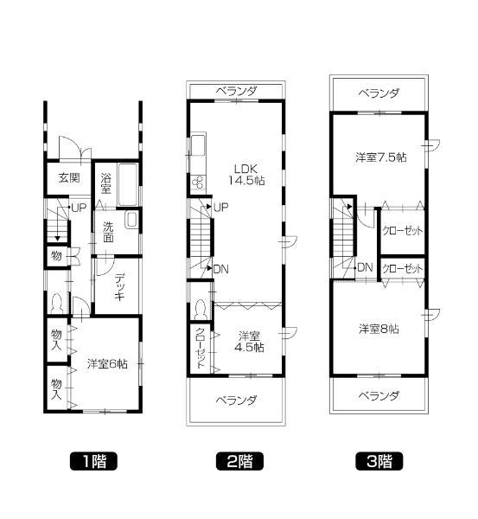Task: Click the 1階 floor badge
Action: (92, 460)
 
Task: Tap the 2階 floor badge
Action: (239, 460)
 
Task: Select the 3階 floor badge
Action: (379, 460)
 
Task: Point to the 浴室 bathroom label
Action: (105, 183)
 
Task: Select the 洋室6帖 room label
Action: (107, 364)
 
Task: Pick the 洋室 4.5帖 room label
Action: (251, 341)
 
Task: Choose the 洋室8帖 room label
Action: (379, 329)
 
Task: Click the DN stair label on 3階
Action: (365, 267)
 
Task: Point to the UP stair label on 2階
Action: (220, 208)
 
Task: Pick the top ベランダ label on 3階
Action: (379, 93)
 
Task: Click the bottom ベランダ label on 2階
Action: (236, 400)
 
